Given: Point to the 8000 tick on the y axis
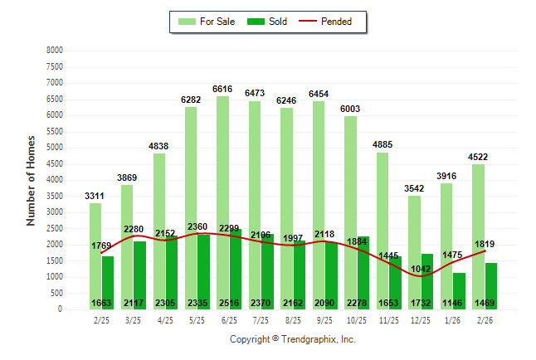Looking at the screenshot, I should pos(54,51).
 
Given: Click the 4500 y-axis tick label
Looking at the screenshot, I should pos(54,163).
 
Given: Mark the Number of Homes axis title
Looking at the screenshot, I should pos(32,180).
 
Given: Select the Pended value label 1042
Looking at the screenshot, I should pos(419,270).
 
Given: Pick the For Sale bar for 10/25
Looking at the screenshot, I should pos(349,207).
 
